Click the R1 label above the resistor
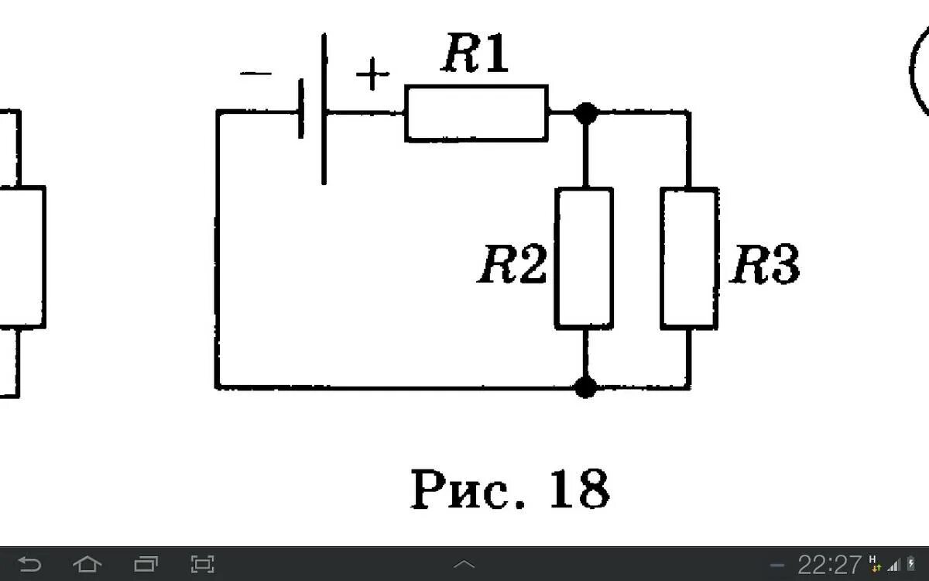tap(475, 56)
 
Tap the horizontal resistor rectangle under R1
tap(476, 113)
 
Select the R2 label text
tap(512, 266)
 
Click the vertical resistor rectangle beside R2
tap(584, 257)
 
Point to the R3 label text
tap(765, 266)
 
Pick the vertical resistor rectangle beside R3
tap(689, 257)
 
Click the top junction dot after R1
tap(586, 113)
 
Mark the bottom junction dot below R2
tap(586, 387)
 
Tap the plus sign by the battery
tap(372, 76)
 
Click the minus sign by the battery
tap(256, 74)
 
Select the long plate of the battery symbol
tap(324, 108)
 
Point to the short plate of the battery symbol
tap(300, 112)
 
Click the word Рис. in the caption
tap(464, 490)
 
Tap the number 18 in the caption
tap(579, 490)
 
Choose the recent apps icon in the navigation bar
tap(146, 564)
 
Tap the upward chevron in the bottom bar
tap(464, 564)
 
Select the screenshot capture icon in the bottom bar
tap(203, 564)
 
